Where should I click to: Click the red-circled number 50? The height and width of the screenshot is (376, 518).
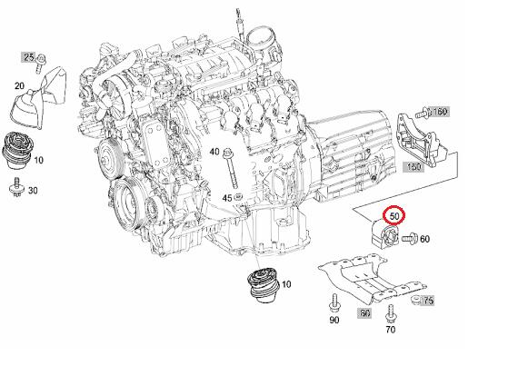394,216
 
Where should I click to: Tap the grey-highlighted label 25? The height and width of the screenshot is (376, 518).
29,57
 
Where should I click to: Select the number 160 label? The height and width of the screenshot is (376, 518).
439,112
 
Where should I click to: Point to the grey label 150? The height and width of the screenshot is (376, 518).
413,167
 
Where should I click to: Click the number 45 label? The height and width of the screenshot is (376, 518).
227,198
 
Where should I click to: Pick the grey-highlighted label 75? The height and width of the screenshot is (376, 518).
428,301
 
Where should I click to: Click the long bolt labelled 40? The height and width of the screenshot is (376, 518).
230,169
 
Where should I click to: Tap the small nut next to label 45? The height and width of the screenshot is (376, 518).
238,197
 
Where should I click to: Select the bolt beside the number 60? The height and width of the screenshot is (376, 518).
410,238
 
